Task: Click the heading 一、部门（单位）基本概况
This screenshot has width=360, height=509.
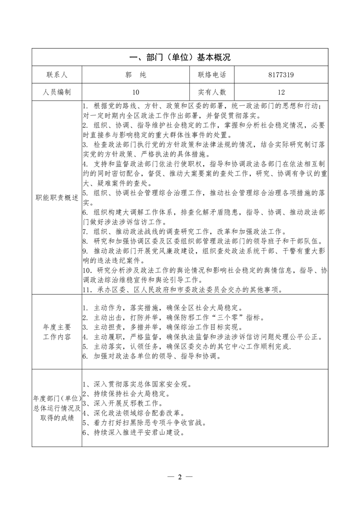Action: click(x=180, y=58)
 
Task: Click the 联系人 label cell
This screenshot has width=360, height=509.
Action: click(x=56, y=75)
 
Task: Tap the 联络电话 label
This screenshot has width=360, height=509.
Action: click(x=212, y=75)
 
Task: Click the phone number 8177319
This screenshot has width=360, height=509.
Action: click(x=281, y=75)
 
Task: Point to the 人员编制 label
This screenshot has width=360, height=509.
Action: click(x=56, y=92)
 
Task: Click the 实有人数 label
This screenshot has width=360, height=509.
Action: click(x=212, y=92)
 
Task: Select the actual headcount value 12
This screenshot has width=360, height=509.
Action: click(x=281, y=92)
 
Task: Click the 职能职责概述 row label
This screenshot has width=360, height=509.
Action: click(x=56, y=198)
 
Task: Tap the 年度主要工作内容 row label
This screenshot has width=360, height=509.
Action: click(x=56, y=333)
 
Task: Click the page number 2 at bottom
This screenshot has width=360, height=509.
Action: click(x=180, y=477)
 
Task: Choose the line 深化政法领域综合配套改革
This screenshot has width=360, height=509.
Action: click(x=132, y=413)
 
